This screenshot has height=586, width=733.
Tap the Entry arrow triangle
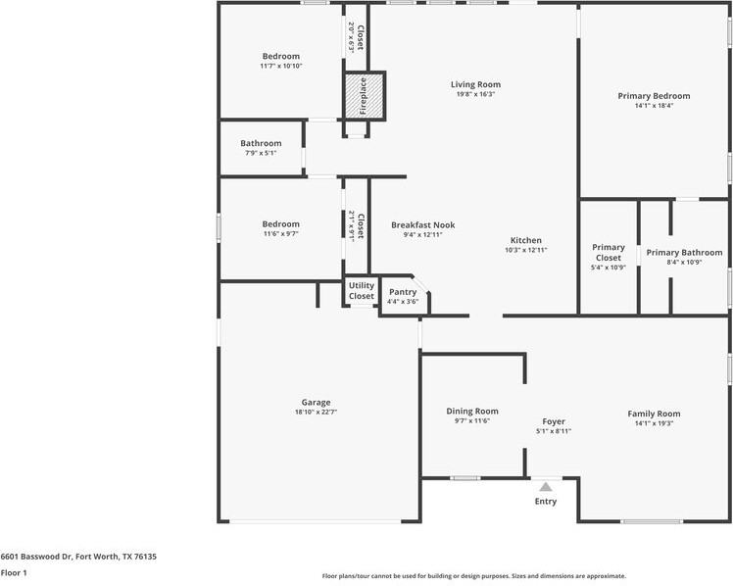pos(545,486)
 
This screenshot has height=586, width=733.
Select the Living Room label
pos(475,84)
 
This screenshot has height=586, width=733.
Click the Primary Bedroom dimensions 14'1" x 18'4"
pos(654,106)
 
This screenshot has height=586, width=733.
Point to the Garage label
pos(316,402)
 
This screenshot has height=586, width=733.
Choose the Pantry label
pos(403,292)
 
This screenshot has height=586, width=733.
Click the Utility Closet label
pos(362,291)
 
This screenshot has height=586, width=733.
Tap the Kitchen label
pos(525,240)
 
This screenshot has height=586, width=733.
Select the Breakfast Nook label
pos(422,224)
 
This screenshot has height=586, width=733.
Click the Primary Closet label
pos(609,253)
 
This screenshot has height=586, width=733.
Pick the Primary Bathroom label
pos(684,252)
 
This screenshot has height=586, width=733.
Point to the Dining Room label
pos(472,411)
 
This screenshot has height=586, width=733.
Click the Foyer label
pos(554,421)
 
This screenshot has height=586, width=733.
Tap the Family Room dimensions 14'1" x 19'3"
pos(654,423)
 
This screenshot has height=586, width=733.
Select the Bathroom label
pos(261,143)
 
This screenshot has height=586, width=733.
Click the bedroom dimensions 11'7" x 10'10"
pos(281,67)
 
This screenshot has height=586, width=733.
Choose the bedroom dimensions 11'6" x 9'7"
pos(280,234)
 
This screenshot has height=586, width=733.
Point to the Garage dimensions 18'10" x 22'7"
pos(316,413)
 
